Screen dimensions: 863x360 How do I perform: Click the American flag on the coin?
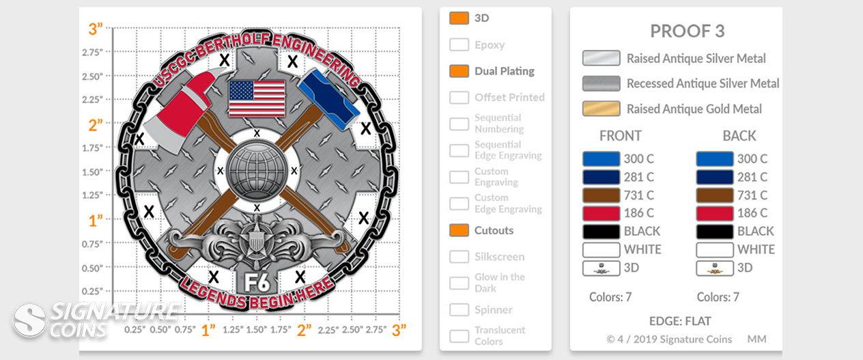(x=257, y=98)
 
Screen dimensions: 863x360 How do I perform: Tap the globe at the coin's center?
(x=257, y=170)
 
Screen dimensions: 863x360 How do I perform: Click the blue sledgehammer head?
(x=328, y=99)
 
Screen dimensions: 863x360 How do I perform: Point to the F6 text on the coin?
(x=257, y=282)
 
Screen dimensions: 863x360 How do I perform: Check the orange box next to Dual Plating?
(x=459, y=71)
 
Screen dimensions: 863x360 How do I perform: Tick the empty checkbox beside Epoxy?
(x=459, y=44)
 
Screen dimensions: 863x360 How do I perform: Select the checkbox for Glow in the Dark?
(x=459, y=283)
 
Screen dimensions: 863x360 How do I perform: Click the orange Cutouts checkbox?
(x=459, y=230)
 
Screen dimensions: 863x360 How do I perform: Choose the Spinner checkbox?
(x=459, y=309)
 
